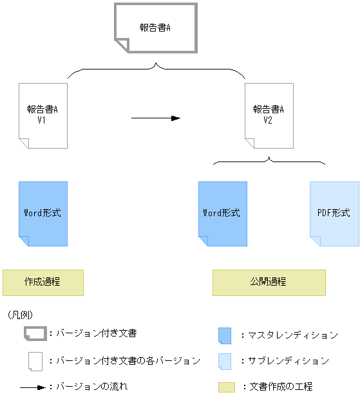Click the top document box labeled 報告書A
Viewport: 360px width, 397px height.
pyautogui.click(x=155, y=28)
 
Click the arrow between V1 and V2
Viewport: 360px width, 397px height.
pyautogui.click(x=155, y=118)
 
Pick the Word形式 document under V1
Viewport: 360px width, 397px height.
pyautogui.click(x=43, y=214)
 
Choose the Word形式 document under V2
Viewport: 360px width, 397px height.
pyautogui.click(x=222, y=214)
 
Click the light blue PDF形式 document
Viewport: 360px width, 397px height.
pyautogui.click(x=334, y=214)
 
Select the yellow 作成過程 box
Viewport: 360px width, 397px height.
pyautogui.click(x=43, y=282)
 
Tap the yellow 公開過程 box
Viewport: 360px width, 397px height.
pyautogui.click(x=269, y=282)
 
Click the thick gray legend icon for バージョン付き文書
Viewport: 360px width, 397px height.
pyautogui.click(x=35, y=334)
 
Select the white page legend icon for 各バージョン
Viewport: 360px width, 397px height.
pyautogui.click(x=35, y=361)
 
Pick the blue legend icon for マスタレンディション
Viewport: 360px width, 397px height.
pyautogui.click(x=225, y=335)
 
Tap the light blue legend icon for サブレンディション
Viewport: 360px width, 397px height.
pyautogui.click(x=225, y=361)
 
